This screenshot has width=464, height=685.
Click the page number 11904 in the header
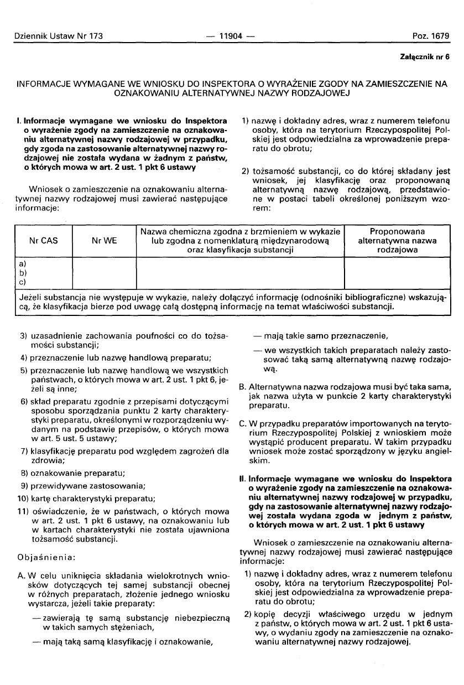(x=232, y=37)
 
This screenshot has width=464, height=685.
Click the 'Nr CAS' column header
(x=43, y=241)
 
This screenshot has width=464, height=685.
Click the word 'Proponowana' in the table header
(x=397, y=231)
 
